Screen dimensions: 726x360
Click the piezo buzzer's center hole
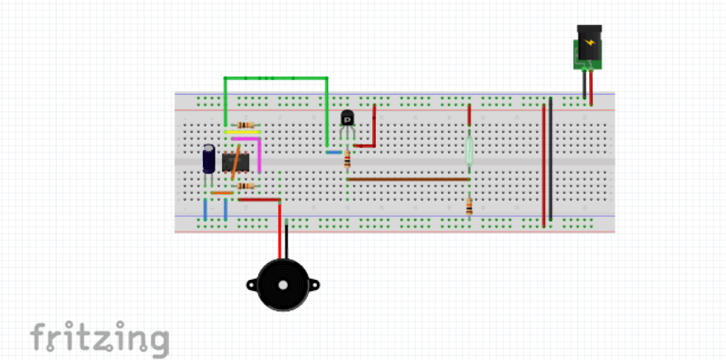[282, 285]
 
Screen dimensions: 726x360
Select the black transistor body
[347, 118]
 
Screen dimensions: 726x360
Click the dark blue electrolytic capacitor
[209, 159]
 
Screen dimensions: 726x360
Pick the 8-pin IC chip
[235, 162]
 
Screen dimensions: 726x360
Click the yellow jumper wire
[242, 132]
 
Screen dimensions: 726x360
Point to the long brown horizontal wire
[408, 179]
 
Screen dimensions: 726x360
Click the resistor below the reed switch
[469, 206]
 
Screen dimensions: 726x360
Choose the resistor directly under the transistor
[347, 160]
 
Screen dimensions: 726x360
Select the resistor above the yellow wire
[245, 125]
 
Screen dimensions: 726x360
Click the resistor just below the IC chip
[245, 186]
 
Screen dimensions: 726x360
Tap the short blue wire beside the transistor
[334, 152]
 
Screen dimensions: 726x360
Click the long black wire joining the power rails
[550, 159]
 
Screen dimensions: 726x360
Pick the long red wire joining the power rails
[544, 166]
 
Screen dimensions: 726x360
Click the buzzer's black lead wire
[286, 240]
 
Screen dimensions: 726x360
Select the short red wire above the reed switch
[469, 115]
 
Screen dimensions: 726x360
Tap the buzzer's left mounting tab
[252, 285]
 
